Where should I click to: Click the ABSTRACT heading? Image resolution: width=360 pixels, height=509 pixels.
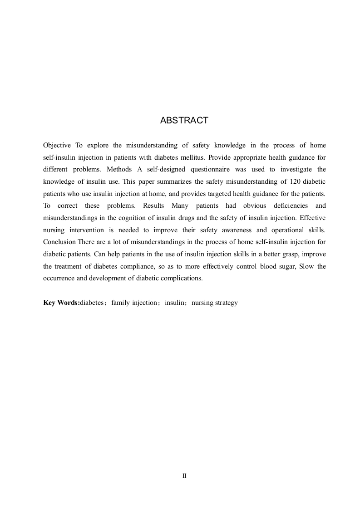[x=184, y=121]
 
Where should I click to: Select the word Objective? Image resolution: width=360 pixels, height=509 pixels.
[x=57, y=145]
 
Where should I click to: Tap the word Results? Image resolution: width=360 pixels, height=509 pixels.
[x=154, y=205]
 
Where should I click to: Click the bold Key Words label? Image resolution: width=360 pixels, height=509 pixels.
[x=61, y=303]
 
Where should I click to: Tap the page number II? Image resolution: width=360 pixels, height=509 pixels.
[x=184, y=476]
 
